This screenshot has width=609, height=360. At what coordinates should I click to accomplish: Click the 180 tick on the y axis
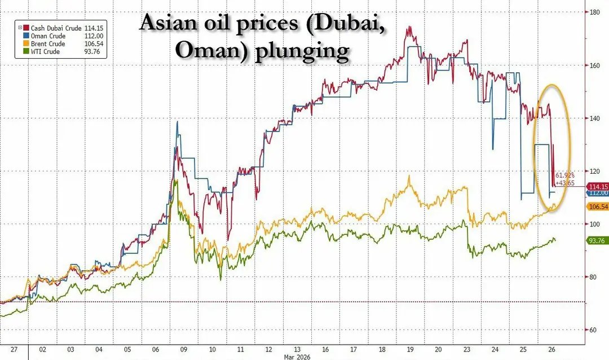click(594, 11)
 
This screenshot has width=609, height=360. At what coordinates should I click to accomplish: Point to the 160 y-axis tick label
click(594, 65)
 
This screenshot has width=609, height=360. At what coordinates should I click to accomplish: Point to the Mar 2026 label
click(295, 356)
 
